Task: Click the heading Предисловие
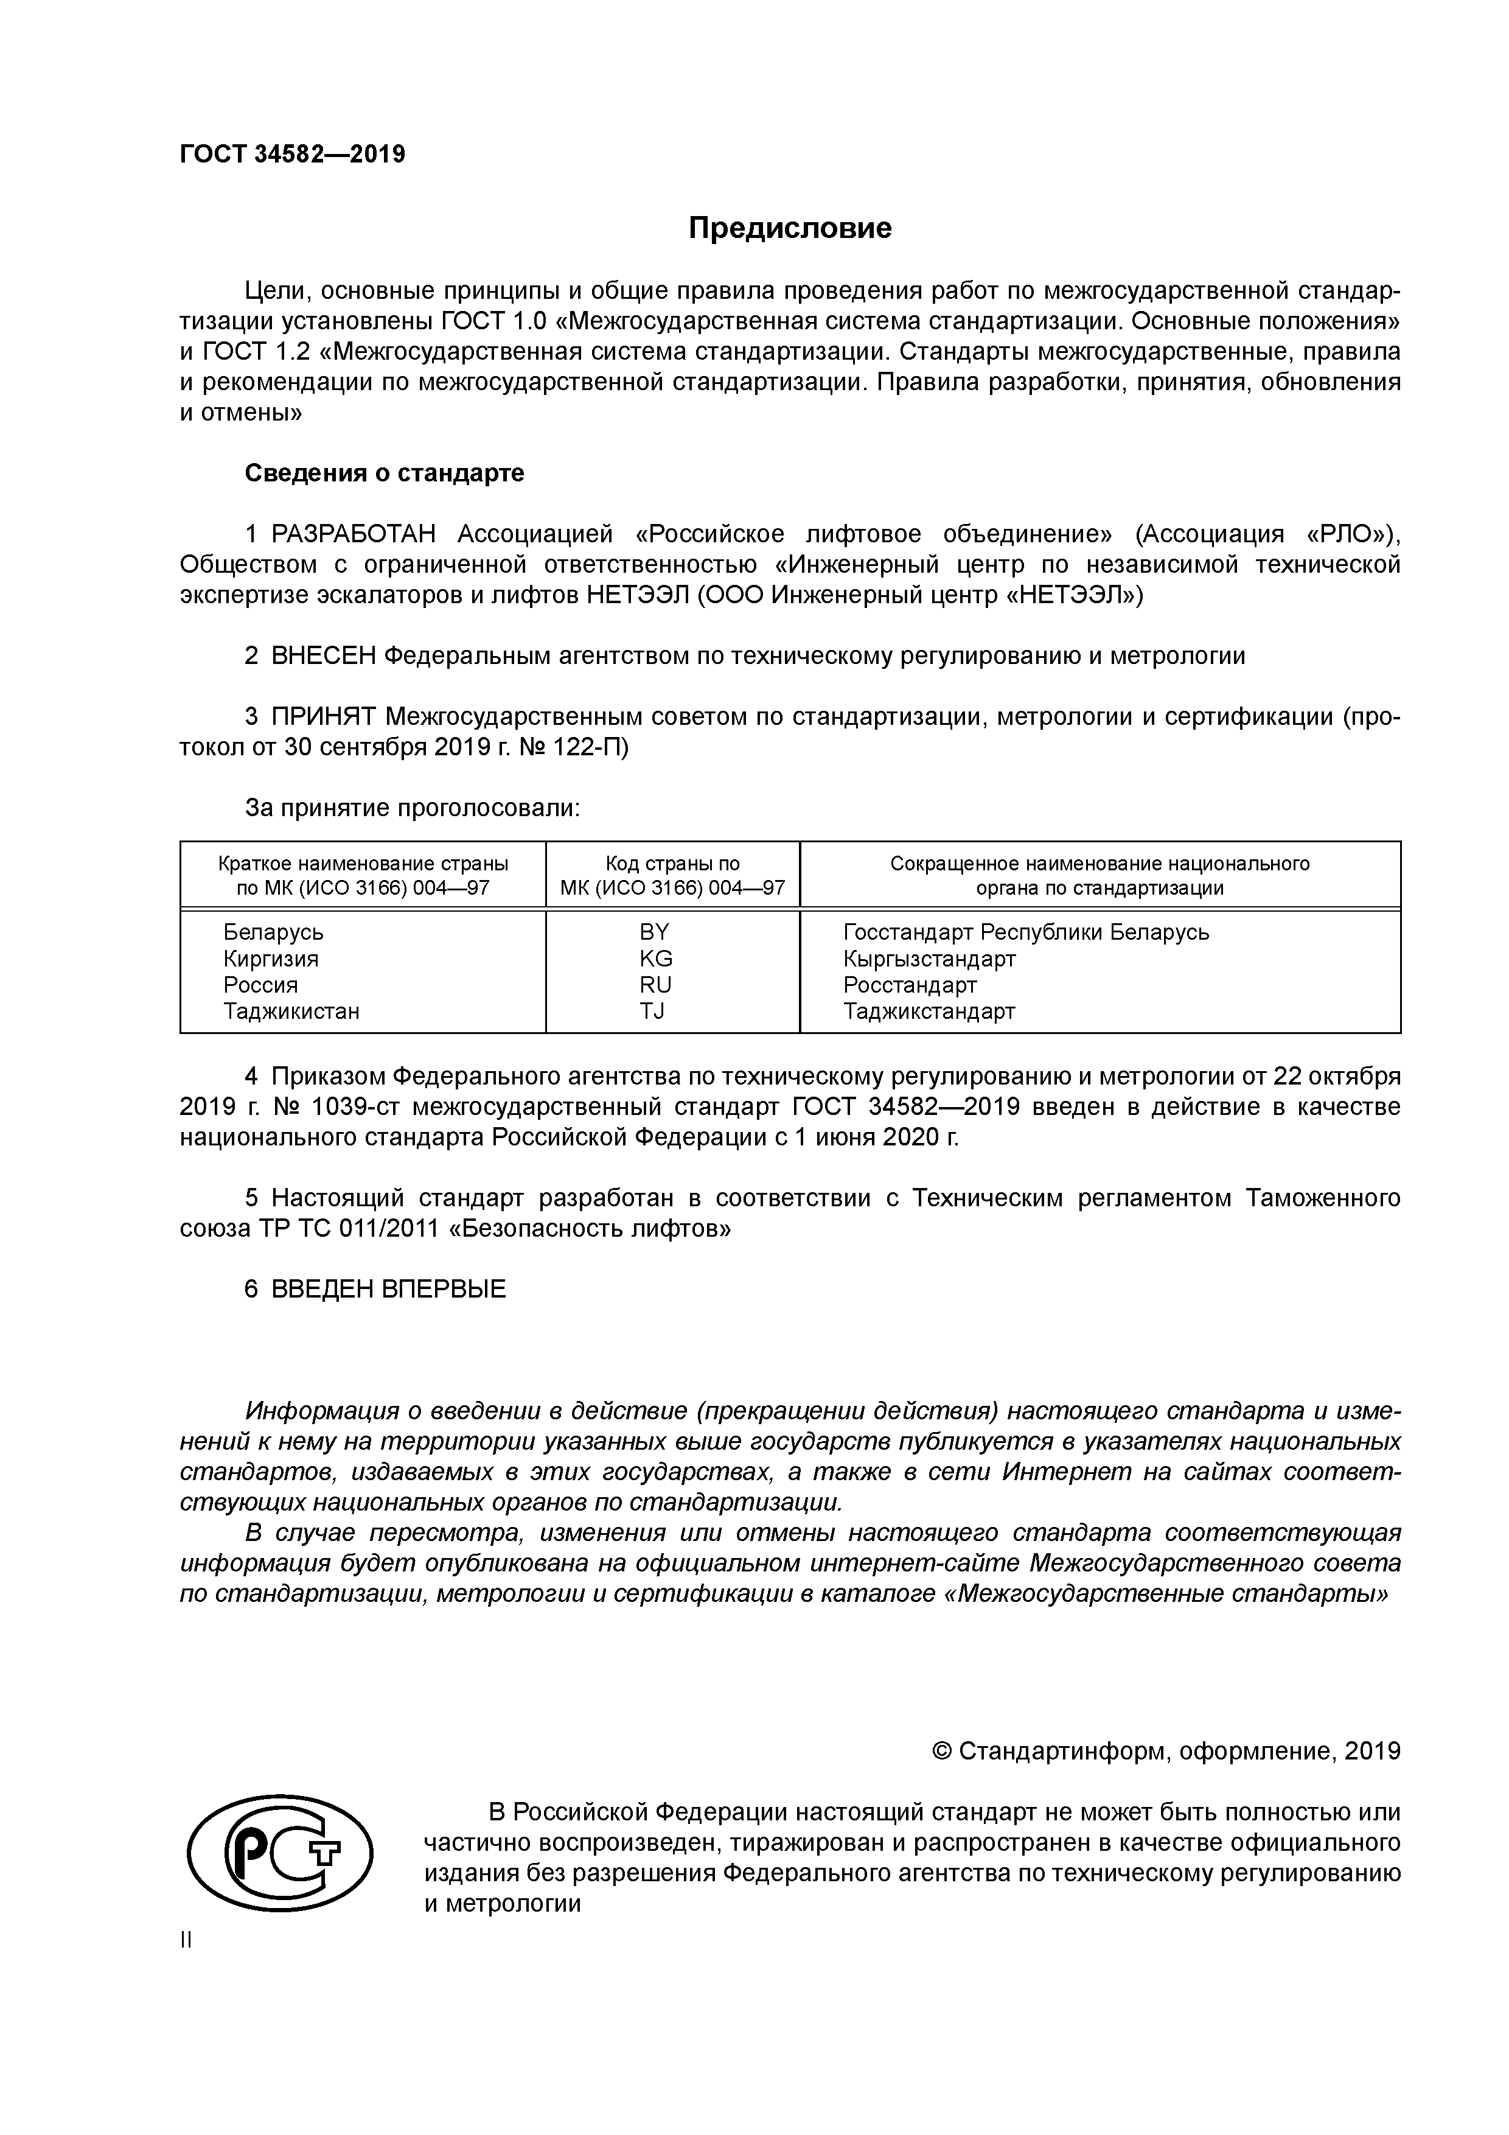pos(789,228)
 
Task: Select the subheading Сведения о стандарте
pos(384,473)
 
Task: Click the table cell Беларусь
pos(273,932)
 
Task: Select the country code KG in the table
pos(655,959)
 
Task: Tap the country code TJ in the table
pos(653,1012)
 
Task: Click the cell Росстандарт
pos(909,985)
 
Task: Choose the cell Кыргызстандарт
pos(929,959)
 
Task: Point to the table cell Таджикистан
pos(291,1012)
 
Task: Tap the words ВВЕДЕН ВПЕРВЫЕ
pos(389,1290)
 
